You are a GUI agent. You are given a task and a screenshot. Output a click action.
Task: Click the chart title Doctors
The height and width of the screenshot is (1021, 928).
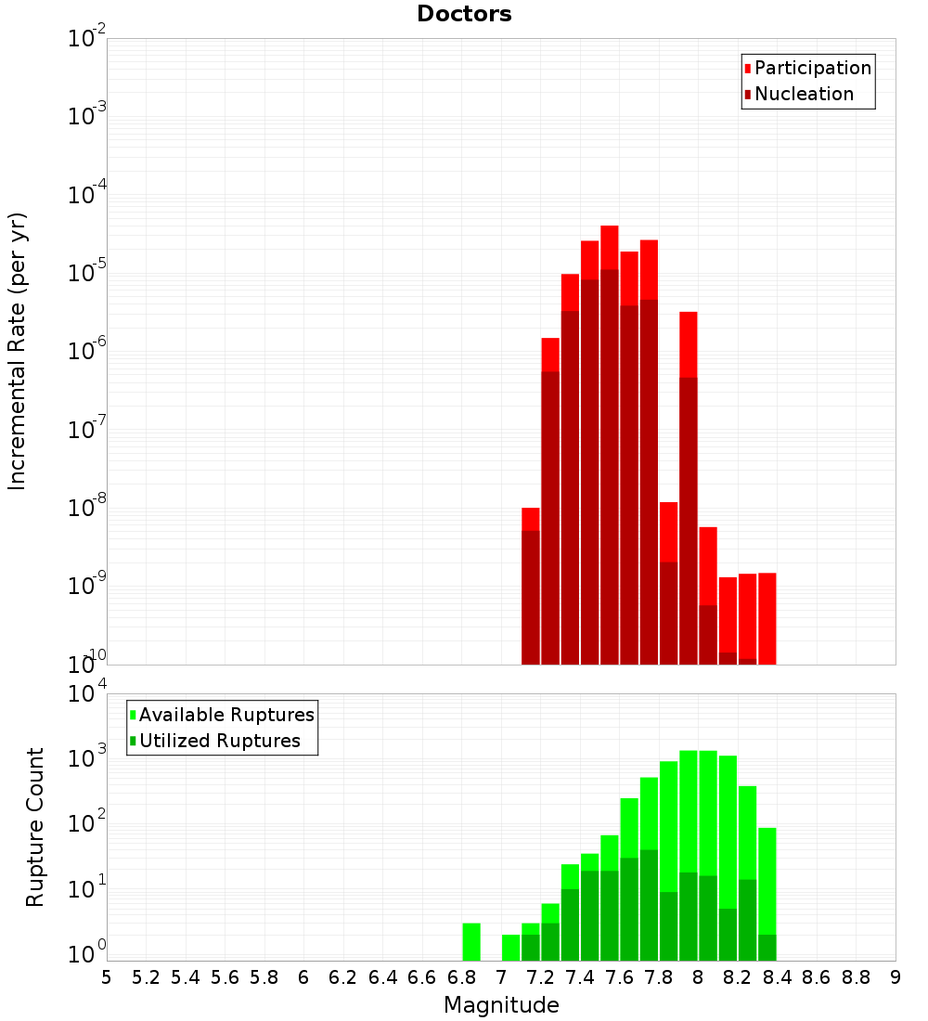click(464, 14)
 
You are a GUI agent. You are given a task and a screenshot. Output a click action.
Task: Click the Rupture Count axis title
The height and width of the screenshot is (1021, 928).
click(35, 827)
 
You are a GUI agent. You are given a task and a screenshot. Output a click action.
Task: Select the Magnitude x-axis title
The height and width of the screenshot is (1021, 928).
click(501, 1005)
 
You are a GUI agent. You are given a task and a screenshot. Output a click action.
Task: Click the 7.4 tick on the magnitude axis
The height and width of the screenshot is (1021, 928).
click(580, 976)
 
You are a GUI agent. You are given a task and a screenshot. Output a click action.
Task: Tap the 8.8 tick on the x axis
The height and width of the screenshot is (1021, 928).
click(856, 976)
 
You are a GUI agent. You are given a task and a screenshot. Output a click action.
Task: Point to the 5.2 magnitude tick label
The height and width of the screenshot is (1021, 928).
click(147, 976)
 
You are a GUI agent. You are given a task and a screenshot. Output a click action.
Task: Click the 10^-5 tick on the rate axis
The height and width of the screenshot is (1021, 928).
click(87, 273)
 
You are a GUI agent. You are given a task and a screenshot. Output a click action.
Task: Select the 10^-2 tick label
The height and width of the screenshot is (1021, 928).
click(87, 39)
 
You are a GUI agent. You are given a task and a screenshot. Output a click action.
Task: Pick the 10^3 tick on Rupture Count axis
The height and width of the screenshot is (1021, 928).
click(87, 757)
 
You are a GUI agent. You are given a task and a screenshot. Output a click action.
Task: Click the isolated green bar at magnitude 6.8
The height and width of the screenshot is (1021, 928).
click(471, 942)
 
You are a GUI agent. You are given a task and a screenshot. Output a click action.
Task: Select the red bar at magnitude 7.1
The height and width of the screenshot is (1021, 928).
click(531, 519)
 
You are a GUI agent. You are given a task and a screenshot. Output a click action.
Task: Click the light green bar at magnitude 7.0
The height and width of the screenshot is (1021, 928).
click(510, 948)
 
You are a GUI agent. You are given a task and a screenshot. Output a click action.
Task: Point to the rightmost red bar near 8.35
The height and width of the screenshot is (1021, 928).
click(767, 617)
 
